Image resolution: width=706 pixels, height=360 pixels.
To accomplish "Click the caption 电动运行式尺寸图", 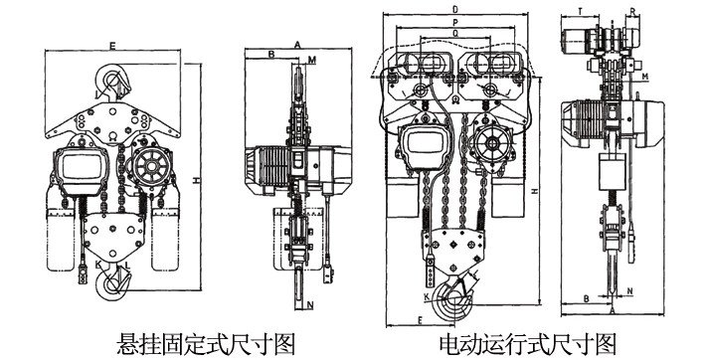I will point(528,343).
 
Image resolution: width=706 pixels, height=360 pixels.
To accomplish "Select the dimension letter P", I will point(455,22).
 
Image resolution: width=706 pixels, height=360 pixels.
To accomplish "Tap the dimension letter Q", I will point(455,33).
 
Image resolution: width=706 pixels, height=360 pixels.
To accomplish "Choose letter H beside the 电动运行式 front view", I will point(537,188).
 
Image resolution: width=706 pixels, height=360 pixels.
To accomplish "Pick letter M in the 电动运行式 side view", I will point(645,77).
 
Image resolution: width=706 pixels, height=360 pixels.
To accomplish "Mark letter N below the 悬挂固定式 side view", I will point(310,305).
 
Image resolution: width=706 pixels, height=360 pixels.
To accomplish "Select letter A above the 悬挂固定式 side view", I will point(297,45).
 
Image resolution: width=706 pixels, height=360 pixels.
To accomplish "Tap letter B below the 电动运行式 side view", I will point(587,296).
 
